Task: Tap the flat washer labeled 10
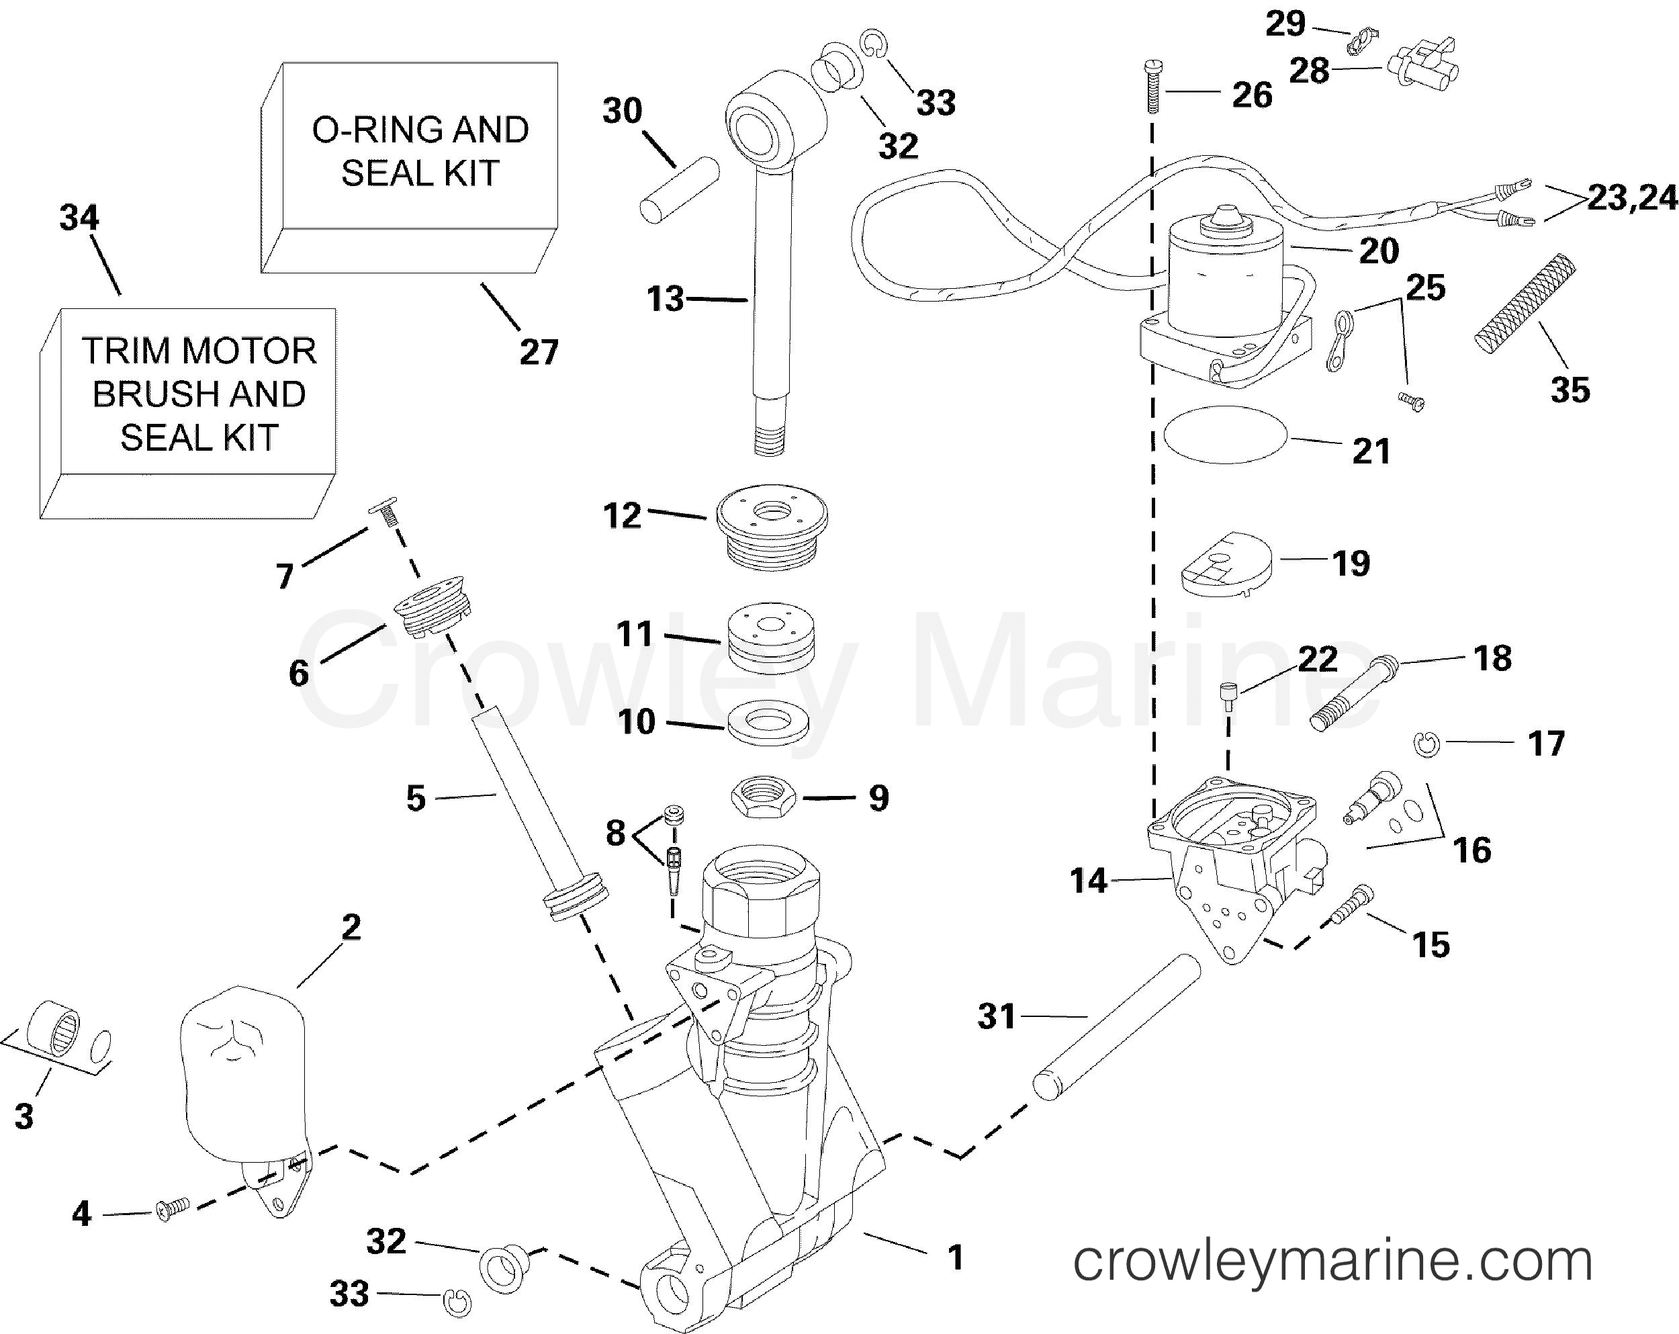tap(767, 723)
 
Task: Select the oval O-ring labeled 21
tap(1224, 435)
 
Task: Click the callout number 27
tap(539, 352)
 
